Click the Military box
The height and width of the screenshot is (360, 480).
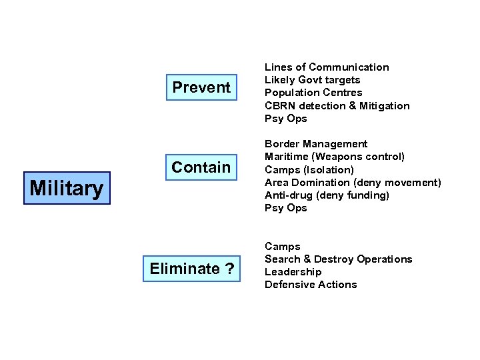67,188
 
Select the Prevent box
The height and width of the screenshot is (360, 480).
201,87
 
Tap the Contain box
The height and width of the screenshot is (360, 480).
201,167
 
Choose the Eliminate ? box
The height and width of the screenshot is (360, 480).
192,269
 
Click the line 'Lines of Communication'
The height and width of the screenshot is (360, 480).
327,67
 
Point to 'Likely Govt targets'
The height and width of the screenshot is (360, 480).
312,80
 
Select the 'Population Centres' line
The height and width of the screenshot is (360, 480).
313,93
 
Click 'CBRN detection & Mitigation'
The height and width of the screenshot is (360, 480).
337,106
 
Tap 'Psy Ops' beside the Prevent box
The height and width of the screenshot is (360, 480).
286,119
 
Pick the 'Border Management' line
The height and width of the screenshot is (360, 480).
316,144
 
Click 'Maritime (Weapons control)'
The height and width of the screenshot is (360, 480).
334,157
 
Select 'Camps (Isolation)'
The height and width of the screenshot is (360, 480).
309,169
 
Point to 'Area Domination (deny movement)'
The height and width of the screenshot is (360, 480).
353,182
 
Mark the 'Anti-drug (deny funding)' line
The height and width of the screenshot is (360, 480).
327,195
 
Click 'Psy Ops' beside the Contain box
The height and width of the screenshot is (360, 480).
286,208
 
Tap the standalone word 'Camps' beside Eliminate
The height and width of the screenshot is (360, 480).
283,247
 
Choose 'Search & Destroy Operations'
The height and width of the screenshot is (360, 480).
338,259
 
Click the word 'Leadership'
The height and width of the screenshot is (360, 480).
293,272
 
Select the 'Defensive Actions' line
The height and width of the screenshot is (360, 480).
311,285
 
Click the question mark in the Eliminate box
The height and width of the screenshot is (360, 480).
229,269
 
